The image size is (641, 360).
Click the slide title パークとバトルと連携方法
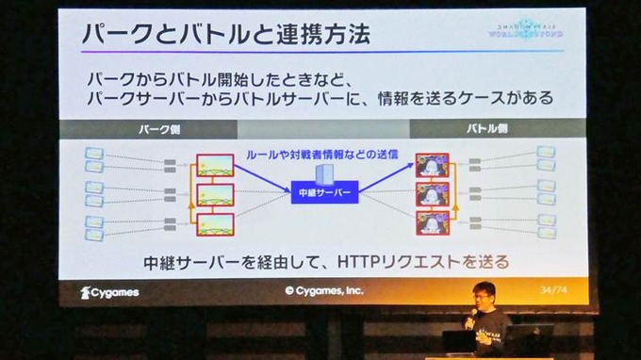click(224, 35)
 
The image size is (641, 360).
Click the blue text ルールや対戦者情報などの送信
click(320, 153)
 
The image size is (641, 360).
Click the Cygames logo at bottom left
click(109, 292)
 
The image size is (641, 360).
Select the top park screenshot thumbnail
click(215, 168)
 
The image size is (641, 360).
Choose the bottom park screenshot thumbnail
click(215, 223)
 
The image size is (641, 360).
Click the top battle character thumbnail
click(432, 168)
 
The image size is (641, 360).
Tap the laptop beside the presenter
click(531, 338)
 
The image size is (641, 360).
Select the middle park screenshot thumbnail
click(215, 195)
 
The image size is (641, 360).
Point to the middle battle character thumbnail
click(432, 195)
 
